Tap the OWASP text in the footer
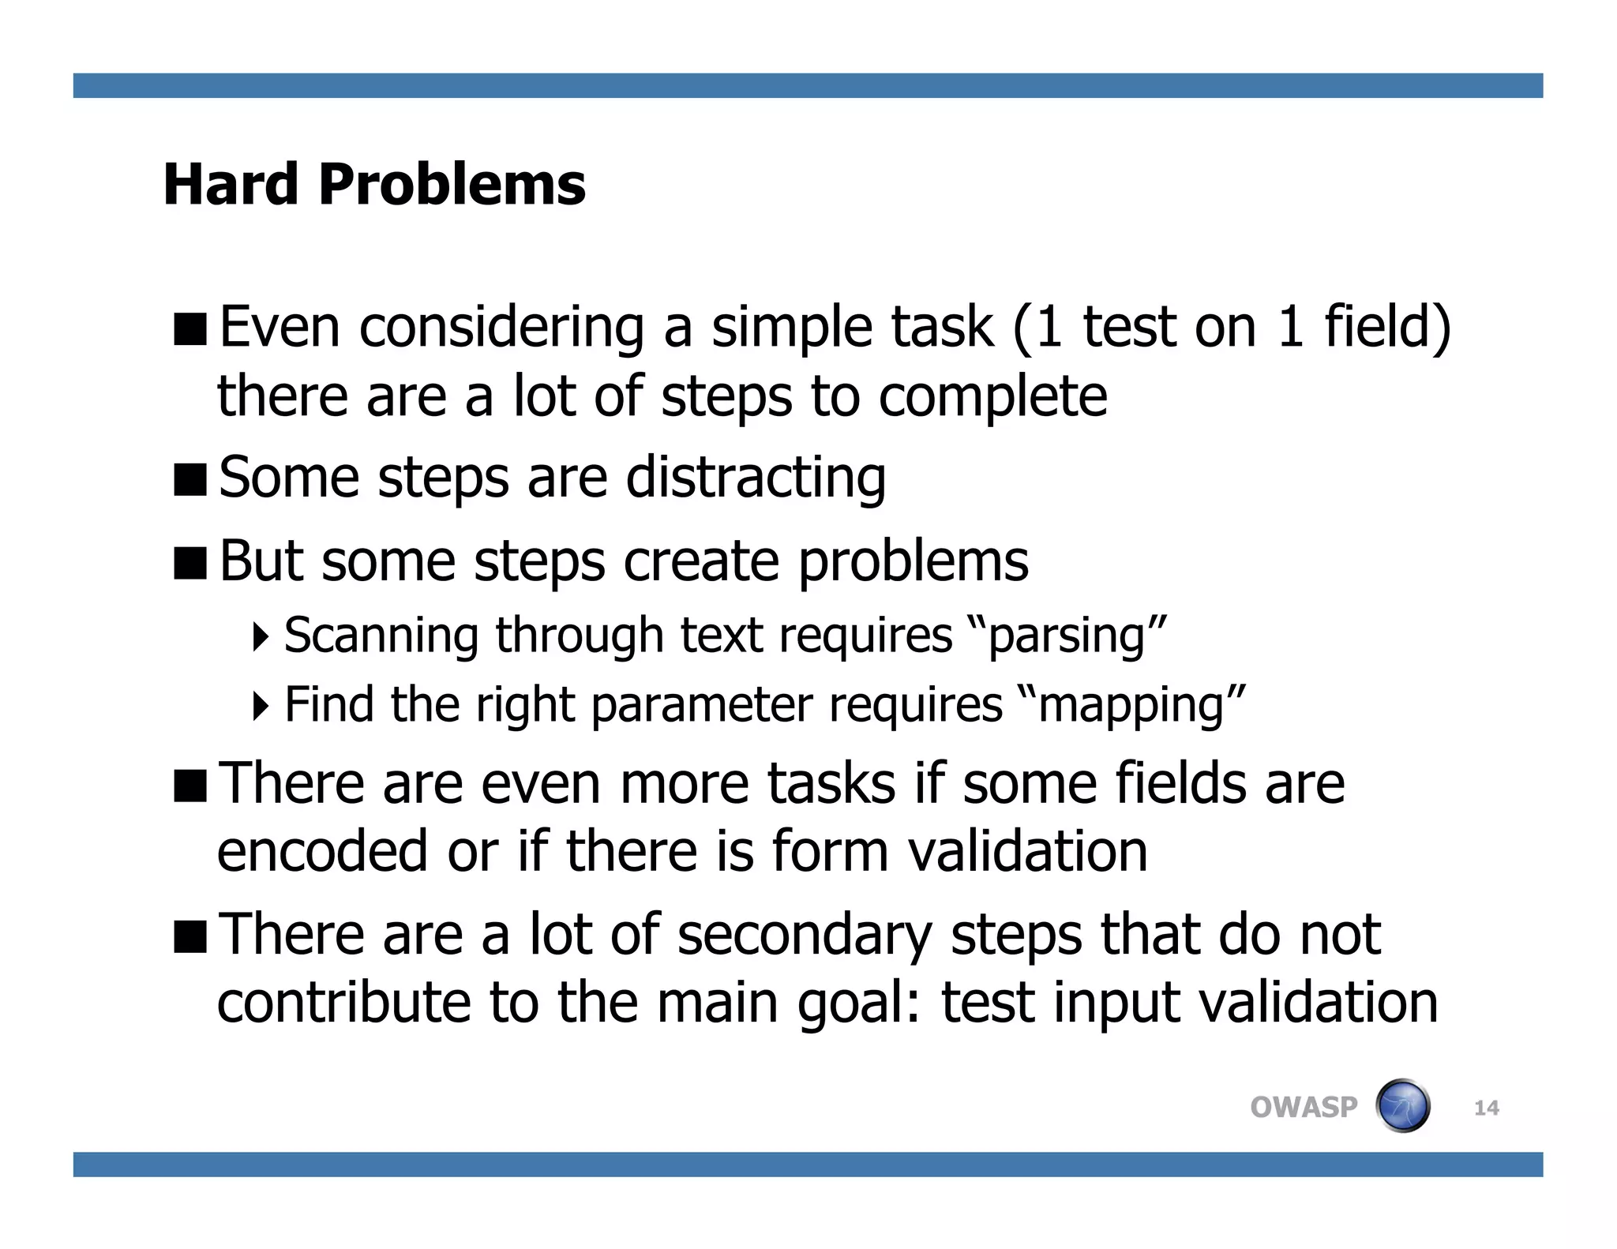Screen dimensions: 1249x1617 tap(1303, 1107)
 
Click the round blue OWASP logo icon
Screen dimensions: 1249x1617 tap(1403, 1106)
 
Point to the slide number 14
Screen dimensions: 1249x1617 tap(1486, 1108)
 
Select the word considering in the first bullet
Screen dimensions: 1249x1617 tap(502, 328)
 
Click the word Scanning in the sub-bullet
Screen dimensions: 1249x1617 tap(381, 635)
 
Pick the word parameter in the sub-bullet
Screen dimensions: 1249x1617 tap(701, 704)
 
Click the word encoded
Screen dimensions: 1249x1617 tap(322, 851)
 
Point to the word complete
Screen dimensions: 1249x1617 tap(992, 396)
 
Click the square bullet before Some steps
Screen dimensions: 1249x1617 tap(190, 479)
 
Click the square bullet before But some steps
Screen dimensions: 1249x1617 tap(190, 562)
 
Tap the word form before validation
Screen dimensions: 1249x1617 tap(830, 851)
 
